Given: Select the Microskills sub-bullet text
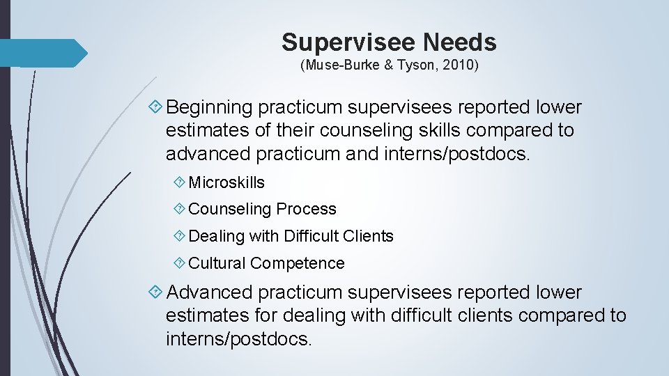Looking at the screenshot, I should pos(226,182).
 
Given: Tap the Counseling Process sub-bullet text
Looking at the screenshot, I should pos(262,209).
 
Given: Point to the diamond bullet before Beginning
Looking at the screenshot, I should pos(156,107).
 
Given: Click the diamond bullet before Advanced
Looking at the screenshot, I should pos(156,292).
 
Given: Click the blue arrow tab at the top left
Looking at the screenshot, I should pos(42,53).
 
